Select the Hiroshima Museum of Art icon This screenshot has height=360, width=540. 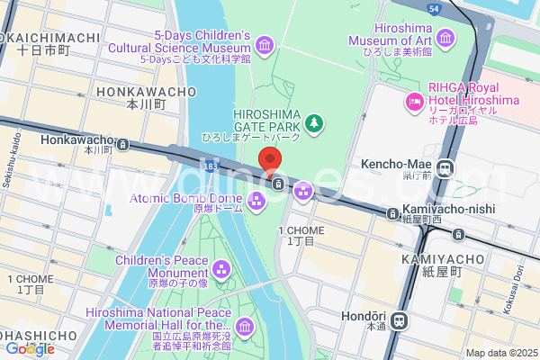click(x=446, y=36)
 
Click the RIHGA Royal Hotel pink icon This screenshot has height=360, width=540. click(x=415, y=101)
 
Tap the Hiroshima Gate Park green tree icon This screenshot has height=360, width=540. click(x=314, y=122)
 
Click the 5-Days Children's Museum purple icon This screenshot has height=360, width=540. click(x=265, y=45)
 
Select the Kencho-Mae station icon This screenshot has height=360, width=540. click(x=445, y=166)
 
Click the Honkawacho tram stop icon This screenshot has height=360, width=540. click(x=122, y=143)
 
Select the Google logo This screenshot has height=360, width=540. click(x=29, y=349)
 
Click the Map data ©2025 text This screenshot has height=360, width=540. click(x=500, y=353)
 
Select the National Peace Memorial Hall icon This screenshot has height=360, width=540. click(x=245, y=326)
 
